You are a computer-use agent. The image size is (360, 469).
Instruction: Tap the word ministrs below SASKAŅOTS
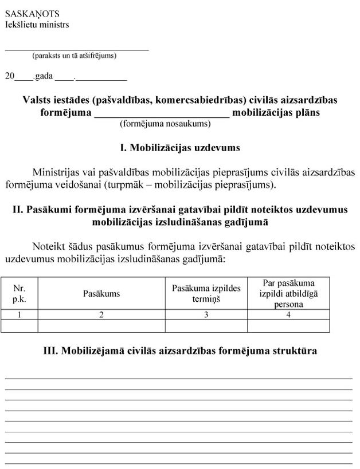click(54, 25)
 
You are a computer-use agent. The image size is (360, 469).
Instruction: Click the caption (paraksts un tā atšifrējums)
click(75, 56)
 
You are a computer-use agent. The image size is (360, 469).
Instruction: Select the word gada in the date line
click(44, 76)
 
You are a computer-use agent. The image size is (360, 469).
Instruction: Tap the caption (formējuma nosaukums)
click(165, 123)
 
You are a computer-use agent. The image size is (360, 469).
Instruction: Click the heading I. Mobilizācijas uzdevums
click(179, 148)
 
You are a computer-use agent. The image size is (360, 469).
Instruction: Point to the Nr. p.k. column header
click(19, 293)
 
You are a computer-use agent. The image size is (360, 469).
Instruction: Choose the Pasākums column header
click(101, 294)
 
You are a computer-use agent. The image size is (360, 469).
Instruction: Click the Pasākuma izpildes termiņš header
click(206, 293)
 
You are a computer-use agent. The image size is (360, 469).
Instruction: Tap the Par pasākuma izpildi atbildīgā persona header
click(288, 293)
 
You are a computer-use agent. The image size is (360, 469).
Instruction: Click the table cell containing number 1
click(19, 314)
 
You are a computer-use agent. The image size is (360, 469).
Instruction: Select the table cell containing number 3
click(206, 314)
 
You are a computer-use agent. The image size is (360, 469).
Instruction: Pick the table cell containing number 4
click(288, 314)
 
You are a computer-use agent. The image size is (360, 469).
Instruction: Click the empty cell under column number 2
click(101, 326)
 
